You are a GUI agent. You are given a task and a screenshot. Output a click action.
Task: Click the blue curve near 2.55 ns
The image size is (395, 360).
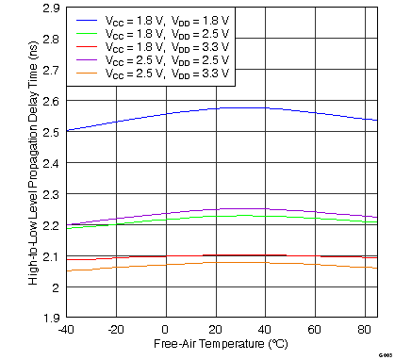[x=165, y=114]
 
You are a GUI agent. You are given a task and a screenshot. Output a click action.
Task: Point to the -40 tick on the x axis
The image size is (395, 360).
[x=65, y=330]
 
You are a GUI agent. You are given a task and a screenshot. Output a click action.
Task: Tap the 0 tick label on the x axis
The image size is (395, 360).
[x=166, y=330]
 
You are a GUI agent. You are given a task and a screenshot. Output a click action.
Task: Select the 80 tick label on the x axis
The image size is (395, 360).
[x=364, y=330]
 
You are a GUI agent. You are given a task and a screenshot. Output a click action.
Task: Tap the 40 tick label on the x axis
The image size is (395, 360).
[x=265, y=330]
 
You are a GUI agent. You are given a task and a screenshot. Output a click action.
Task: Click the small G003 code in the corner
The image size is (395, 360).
[x=384, y=353]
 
